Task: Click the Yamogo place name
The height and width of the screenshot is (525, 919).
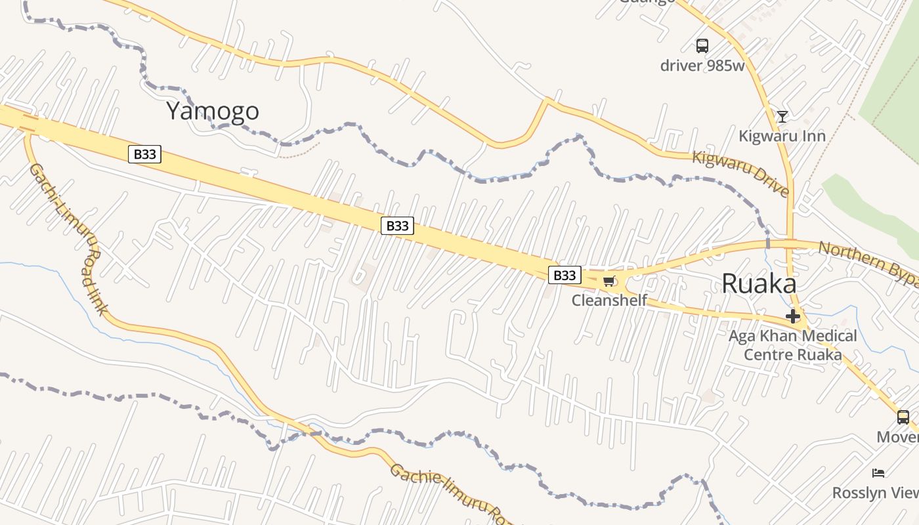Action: pyautogui.click(x=212, y=111)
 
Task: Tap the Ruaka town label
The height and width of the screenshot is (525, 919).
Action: pyautogui.click(x=759, y=283)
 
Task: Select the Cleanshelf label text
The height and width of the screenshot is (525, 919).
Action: pyautogui.click(x=609, y=301)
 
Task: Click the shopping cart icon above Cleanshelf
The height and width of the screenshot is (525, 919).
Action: pyautogui.click(x=609, y=282)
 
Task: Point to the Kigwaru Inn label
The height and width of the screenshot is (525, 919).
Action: pyautogui.click(x=782, y=136)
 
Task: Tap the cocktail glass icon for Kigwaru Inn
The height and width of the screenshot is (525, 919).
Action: pyautogui.click(x=782, y=117)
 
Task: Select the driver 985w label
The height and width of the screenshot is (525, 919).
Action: pyautogui.click(x=702, y=65)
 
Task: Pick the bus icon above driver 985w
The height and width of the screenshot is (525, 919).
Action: pyautogui.click(x=702, y=45)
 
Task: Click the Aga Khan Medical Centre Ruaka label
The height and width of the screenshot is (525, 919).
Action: pyautogui.click(x=792, y=345)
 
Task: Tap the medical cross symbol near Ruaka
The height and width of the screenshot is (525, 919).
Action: pyautogui.click(x=793, y=317)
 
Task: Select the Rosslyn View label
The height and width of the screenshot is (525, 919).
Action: pyautogui.click(x=876, y=493)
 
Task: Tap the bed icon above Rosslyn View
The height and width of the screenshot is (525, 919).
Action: pyautogui.click(x=878, y=473)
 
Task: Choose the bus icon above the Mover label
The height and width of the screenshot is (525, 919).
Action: pyautogui.click(x=903, y=417)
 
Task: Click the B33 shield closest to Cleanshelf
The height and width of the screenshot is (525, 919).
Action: pyautogui.click(x=565, y=275)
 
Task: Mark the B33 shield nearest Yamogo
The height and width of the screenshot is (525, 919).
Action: pyautogui.click(x=144, y=154)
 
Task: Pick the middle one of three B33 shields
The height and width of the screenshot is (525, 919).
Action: pyautogui.click(x=397, y=226)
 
